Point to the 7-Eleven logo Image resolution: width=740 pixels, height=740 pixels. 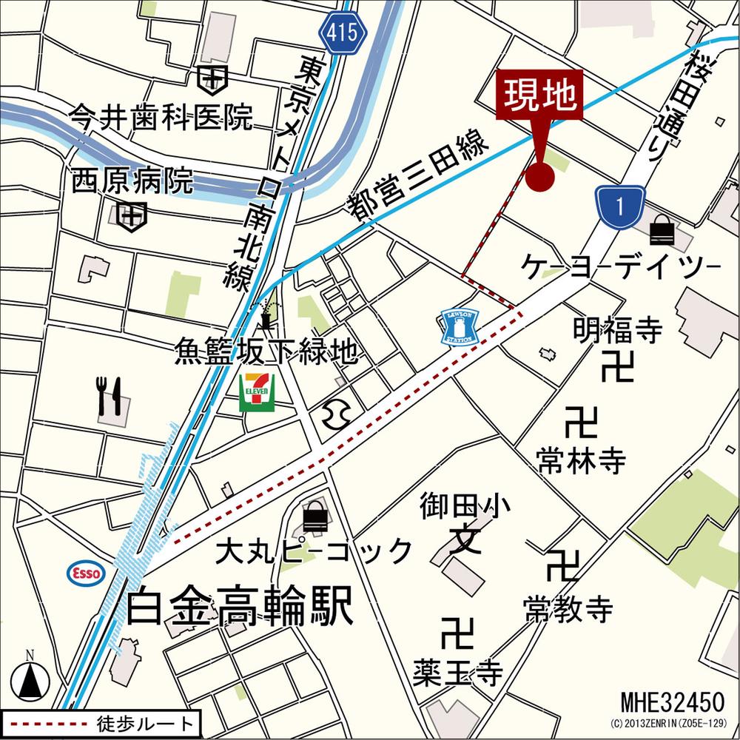tap(257, 391)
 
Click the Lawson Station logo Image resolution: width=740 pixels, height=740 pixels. tap(460, 326)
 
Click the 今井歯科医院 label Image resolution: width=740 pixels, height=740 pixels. tap(161, 116)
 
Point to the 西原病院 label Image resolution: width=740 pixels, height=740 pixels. tap(133, 181)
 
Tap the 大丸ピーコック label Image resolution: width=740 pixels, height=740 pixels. tap(314, 551)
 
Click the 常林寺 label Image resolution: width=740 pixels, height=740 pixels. tap(582, 462)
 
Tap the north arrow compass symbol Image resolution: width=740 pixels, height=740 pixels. tap(31, 675)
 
